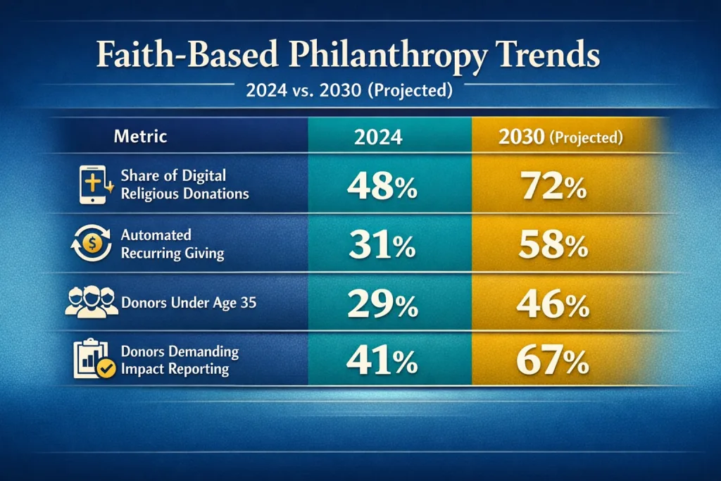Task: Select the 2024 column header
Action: tap(379, 137)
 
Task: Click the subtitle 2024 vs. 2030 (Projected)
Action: tap(360, 92)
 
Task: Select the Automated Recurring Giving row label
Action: tap(172, 244)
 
